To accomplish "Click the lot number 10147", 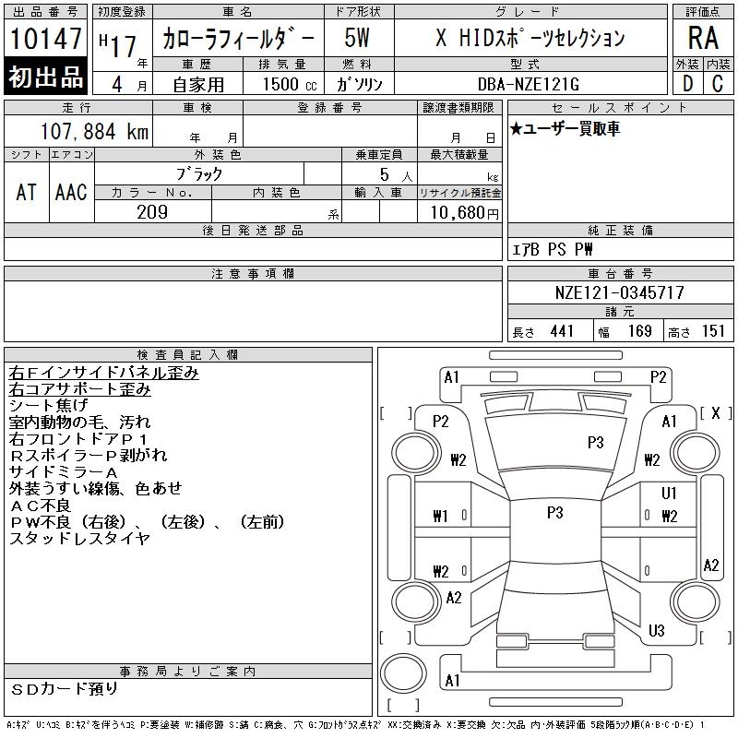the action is tap(45, 38).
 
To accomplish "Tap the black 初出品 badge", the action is tap(45, 76).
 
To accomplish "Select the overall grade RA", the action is tap(703, 38).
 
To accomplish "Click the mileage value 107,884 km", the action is tap(94, 131).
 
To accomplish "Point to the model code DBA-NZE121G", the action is tap(529, 84).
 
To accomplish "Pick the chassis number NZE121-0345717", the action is tap(619, 292).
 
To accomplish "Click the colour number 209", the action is tap(152, 212).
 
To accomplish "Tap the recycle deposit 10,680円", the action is tap(464, 213).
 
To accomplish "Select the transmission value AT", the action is tap(27, 192).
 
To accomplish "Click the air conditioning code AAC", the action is tap(71, 192).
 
